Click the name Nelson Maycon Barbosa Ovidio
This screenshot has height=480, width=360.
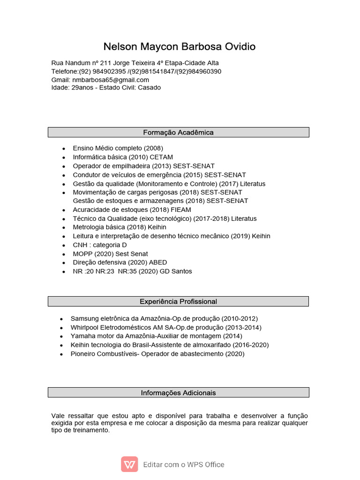point(180,47)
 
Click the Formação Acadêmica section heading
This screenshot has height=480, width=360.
point(178,132)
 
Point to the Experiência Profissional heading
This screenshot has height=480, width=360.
point(178,301)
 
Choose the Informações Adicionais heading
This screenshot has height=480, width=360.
point(178,393)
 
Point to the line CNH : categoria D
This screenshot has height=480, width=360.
point(100,245)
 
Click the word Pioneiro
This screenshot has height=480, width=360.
point(83,354)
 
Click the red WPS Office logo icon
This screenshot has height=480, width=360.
point(129,465)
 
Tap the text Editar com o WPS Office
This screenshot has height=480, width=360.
point(184,465)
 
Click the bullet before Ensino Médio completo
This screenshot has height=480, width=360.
point(63,148)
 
